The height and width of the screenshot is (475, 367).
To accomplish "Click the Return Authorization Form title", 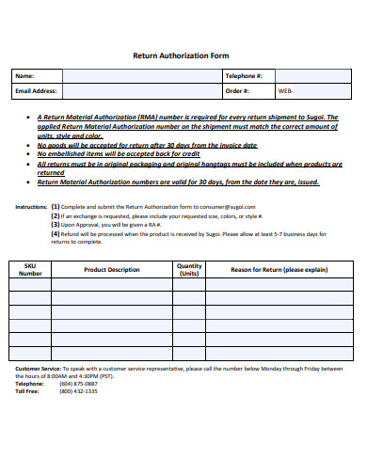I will (183, 55).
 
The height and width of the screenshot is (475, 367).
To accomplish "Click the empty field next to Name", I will (140, 75).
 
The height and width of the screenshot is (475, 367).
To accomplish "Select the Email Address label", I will (37, 91).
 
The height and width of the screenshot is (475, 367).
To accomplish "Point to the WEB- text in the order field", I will (285, 91).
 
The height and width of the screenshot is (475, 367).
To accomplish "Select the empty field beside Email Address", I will (140, 91).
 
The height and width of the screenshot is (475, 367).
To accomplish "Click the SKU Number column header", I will (30, 270).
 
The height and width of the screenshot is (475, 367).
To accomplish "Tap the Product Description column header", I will (111, 270).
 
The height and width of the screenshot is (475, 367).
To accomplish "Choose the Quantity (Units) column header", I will (189, 270).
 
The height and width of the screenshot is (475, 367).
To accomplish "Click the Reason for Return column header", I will (279, 270).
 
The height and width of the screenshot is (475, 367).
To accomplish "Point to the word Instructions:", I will (31, 206).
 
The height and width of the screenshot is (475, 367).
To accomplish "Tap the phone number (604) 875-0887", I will (78, 384).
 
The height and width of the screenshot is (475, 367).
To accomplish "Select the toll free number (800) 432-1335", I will (78, 391).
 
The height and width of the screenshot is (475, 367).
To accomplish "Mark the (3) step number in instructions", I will (56, 225).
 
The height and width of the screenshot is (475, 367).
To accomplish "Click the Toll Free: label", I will (28, 391).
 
